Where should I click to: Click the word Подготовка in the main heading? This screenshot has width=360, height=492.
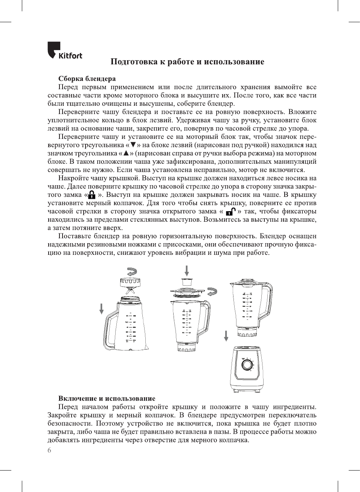coord(133,62)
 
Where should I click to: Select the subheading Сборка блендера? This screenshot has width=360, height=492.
coord(87,79)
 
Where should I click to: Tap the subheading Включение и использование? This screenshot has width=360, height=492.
coord(107,398)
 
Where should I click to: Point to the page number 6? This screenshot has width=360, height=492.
coord(49,450)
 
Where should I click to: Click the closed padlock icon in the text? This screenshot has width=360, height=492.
coord(91,195)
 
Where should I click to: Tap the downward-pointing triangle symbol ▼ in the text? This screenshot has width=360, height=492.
coord(133,145)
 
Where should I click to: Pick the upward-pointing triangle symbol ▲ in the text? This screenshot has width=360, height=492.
coord(126,153)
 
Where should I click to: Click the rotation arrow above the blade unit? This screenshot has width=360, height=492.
coord(132,271)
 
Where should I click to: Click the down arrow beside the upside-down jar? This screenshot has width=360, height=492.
coord(101,309)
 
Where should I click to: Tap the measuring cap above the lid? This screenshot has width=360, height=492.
coord(186,282)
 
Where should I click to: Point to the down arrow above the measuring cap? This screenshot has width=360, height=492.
coord(186,270)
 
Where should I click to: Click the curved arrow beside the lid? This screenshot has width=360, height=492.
coord(212,291)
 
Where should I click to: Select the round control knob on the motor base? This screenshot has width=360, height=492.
coord(247,365)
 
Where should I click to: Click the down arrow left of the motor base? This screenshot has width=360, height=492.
coord(226,335)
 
